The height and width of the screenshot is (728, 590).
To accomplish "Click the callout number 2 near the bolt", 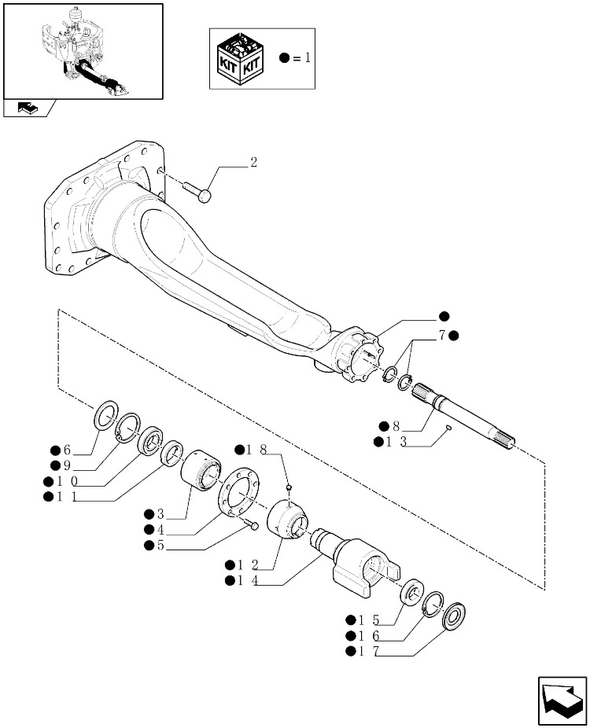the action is click(253, 163).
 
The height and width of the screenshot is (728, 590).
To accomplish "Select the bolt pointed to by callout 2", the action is click(197, 192).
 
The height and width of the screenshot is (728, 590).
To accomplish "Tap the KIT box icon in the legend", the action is click(240, 58).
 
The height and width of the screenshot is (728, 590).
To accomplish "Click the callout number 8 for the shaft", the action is click(396, 426).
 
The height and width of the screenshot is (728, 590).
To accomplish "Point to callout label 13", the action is click(396, 442).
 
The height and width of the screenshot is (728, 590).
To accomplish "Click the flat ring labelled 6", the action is click(107, 414).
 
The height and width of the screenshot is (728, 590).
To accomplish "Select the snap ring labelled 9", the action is click(127, 428).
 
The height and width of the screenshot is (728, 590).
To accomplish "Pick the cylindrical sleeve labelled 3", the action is click(201, 469).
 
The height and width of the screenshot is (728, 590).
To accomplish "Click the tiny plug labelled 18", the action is click(289, 487).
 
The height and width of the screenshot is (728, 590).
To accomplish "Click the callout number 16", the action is click(369, 636).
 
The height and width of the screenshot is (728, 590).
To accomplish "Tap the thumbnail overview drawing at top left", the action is click(83, 52).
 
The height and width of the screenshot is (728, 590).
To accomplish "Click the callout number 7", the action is click(442, 335).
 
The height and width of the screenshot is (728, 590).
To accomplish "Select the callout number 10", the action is click(67, 481).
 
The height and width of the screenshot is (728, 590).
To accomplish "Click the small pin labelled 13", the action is click(448, 428).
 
